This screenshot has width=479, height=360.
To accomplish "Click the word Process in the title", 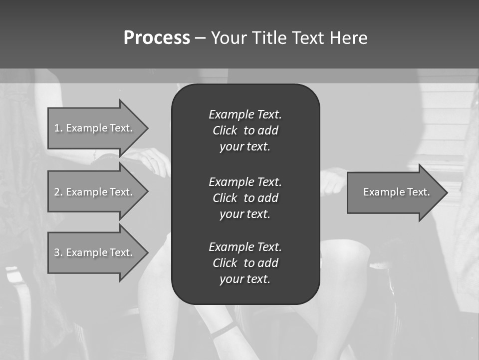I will pos(157,38).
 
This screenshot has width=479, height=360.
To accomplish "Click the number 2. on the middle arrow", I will pos(58,192).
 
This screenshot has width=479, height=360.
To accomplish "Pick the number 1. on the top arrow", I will pos(58,128).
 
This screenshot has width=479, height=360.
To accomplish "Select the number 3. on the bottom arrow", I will pos(58,252).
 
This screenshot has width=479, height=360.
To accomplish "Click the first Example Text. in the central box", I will pos(245,114).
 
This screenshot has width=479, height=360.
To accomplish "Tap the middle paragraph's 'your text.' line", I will pos(245,214).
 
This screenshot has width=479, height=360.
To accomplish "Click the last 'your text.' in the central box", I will pos(245,279).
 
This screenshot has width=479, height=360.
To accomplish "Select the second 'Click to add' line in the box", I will pos(245,198).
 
